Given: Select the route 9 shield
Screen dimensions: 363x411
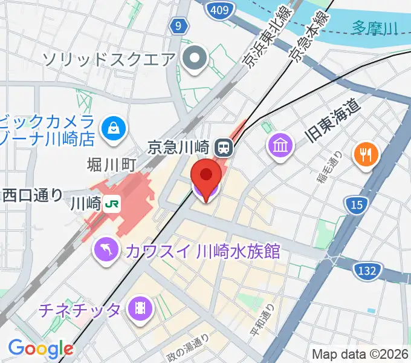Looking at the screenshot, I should tap(178, 26).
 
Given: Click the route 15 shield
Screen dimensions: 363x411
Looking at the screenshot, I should tap(356, 205).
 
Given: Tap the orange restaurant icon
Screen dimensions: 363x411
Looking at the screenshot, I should tap(366, 155).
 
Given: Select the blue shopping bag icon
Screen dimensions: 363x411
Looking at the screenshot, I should tap(113, 128).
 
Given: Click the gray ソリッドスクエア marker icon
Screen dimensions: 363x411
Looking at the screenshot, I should tap(196, 59).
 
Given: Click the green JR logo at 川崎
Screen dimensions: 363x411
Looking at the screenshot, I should tap(111, 204).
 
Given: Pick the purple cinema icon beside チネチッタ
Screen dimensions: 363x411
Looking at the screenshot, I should tap(140, 311).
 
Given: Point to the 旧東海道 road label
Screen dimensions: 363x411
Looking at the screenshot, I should tap(334, 121).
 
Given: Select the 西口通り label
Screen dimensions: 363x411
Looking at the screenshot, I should tap(32, 195).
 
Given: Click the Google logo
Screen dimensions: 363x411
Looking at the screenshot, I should tap(40, 348).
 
